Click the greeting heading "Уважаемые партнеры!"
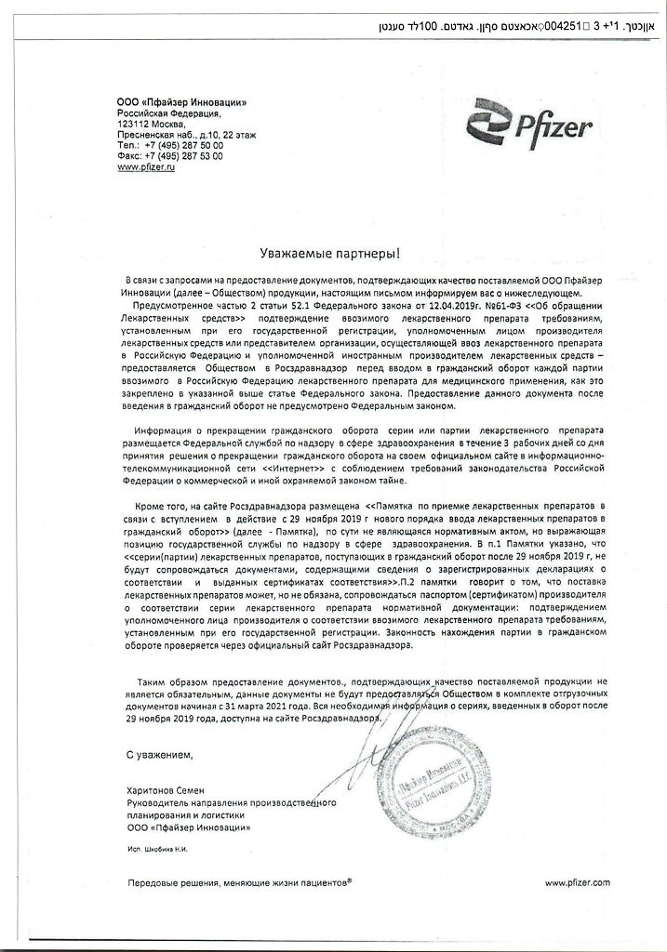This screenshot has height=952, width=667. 333,253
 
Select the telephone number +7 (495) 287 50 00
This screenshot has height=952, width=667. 182,146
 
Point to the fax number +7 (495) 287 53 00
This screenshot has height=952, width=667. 182,157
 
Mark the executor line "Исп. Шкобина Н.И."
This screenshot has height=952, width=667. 162,848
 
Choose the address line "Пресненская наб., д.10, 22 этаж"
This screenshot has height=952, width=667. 187,135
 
